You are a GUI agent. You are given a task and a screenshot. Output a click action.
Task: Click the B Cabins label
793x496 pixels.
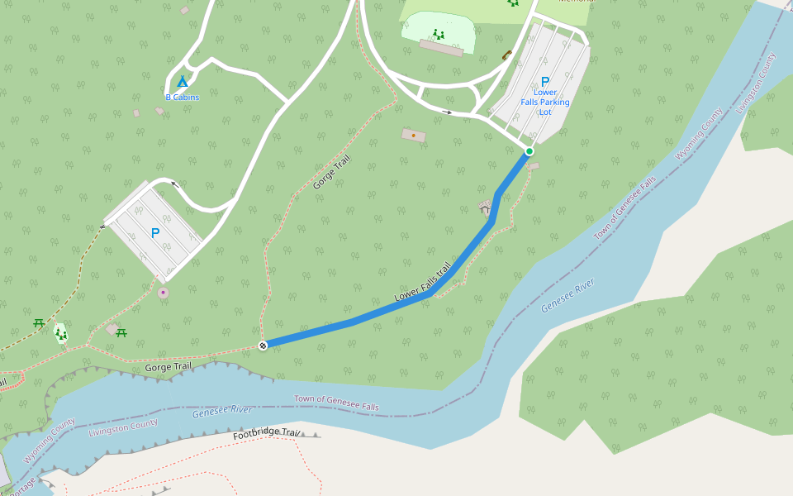(182, 97)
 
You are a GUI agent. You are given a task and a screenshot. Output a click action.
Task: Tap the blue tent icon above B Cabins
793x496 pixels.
(183, 81)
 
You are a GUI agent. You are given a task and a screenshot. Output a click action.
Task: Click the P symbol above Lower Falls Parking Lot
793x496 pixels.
(544, 81)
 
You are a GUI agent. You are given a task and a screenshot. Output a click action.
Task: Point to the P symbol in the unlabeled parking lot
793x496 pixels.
(154, 233)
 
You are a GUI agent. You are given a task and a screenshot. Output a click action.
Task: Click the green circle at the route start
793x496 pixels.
(529, 151)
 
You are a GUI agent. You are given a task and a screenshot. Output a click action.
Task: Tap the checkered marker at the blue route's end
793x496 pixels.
(263, 346)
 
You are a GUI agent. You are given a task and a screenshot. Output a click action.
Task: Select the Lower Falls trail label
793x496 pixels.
(423, 282)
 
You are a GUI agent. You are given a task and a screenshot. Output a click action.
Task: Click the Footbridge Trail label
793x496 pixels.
(266, 433)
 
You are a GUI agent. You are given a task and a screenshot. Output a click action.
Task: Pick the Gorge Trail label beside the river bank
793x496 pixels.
(168, 366)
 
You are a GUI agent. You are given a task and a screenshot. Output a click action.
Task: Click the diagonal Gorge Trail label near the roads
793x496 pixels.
(332, 172)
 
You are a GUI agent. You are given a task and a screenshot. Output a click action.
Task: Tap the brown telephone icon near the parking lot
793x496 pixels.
(506, 55)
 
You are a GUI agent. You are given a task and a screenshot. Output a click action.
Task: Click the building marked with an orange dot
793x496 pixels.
(413, 135)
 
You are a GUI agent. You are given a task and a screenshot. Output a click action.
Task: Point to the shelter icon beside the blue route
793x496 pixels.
(485, 204)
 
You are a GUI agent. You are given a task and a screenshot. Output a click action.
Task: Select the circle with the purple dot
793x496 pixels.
(163, 293)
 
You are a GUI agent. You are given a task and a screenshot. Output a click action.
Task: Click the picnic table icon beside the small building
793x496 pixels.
(121, 332)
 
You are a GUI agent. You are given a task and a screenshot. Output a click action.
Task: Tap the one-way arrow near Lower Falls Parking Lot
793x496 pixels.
(447, 112)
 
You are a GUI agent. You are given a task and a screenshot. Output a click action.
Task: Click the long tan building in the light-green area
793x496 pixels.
(441, 48)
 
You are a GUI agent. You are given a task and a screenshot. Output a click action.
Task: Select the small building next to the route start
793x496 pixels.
(534, 166)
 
